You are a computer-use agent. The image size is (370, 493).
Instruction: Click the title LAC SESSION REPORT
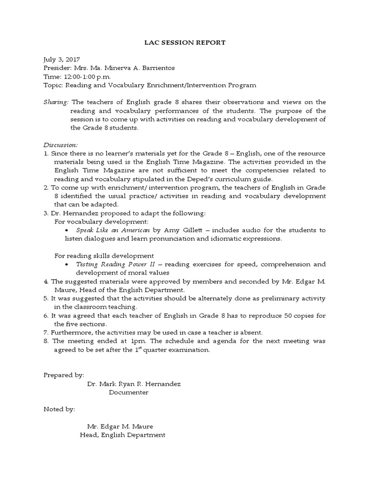(185, 43)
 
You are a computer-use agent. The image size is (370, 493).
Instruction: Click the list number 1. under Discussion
(46, 153)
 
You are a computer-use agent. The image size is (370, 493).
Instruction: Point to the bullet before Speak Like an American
(67, 231)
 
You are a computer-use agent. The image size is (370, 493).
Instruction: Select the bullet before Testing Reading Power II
(67, 265)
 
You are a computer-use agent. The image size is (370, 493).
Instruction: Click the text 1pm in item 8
(124, 341)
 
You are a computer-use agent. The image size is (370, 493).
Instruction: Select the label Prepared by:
(64, 375)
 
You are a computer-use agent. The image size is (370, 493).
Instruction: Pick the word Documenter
(129, 392)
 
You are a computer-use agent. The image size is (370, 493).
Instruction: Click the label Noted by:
(59, 409)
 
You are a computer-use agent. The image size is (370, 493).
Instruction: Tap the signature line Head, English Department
(122, 435)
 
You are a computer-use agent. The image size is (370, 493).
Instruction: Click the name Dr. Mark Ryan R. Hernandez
(134, 384)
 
